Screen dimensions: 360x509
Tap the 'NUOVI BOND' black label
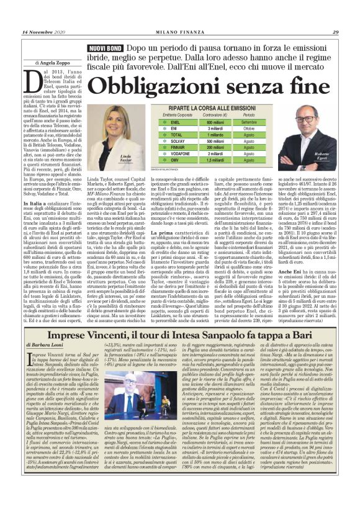(105, 48)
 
